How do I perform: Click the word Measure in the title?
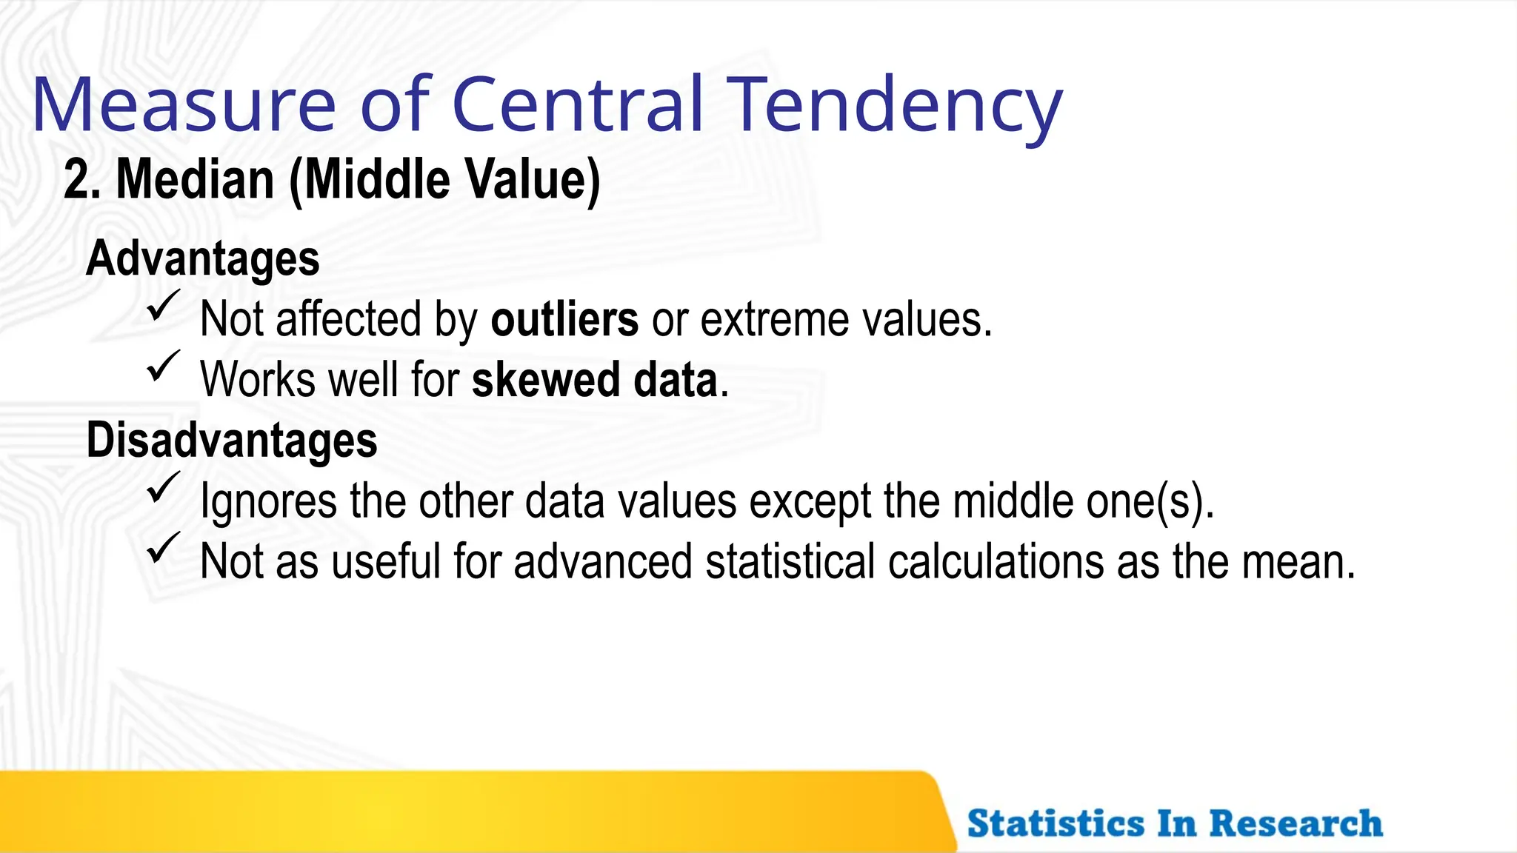coord(184,105)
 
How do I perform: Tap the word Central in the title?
coord(577,105)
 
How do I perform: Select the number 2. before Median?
coord(81,180)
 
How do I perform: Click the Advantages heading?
coord(203,258)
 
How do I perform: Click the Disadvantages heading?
coord(232,441)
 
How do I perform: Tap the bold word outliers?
coord(564,320)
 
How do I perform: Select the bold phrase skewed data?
coord(595,380)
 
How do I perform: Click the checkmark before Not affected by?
coord(163,306)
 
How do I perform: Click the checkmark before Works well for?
coord(163,367)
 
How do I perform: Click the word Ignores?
coord(269,501)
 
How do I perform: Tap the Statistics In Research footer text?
coord(1175,823)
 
